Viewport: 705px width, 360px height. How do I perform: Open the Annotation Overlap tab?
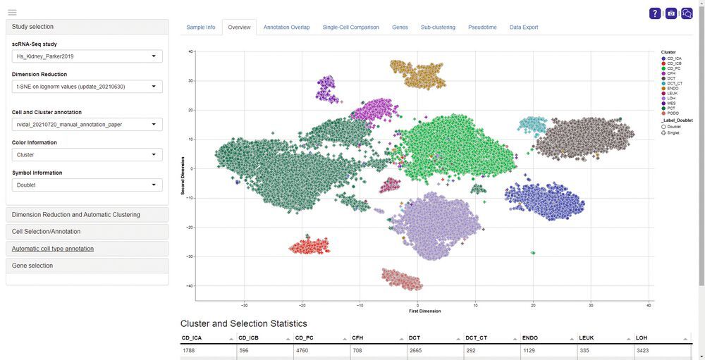pos(286,27)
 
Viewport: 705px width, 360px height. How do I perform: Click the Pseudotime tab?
pos(482,27)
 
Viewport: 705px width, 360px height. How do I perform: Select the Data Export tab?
pos(524,27)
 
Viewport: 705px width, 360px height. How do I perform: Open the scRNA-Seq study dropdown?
pos(87,56)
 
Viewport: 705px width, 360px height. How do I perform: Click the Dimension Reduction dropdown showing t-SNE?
pos(87,87)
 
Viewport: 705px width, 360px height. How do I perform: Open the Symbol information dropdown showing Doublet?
pos(87,185)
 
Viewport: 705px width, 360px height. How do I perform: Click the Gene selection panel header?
pos(87,266)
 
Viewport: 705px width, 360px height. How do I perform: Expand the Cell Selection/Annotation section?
pos(87,231)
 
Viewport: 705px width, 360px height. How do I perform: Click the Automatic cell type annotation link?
pos(53,249)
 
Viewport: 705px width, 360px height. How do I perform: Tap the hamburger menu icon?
pos(12,13)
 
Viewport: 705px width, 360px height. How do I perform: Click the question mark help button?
pos(655,13)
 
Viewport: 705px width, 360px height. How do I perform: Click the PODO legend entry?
pos(673,113)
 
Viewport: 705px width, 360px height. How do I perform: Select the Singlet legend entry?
pos(673,132)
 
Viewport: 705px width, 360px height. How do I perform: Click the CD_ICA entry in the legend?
pos(673,58)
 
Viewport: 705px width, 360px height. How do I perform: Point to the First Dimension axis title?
pos(424,311)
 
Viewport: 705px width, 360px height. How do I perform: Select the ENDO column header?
pos(530,338)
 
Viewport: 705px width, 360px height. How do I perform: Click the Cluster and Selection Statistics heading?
pos(243,324)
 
